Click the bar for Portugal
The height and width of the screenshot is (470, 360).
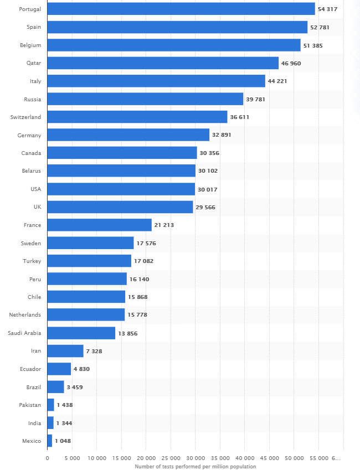181,9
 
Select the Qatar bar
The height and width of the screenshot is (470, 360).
163,63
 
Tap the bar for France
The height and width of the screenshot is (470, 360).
99,225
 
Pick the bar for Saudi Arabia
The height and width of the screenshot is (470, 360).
81,333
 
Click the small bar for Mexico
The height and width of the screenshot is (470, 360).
49,441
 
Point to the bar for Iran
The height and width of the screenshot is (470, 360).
65,351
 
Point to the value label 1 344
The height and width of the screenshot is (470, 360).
64,423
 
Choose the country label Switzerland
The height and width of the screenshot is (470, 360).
25,117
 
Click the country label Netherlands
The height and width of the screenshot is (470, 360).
25,315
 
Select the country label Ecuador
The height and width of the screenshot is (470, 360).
30,369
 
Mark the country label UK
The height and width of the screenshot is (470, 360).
37,207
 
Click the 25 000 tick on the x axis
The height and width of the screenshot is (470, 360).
171,458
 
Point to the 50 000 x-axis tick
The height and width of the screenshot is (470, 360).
294,458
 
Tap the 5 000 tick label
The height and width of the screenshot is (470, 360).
72,458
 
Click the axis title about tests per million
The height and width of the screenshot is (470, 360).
195,466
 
